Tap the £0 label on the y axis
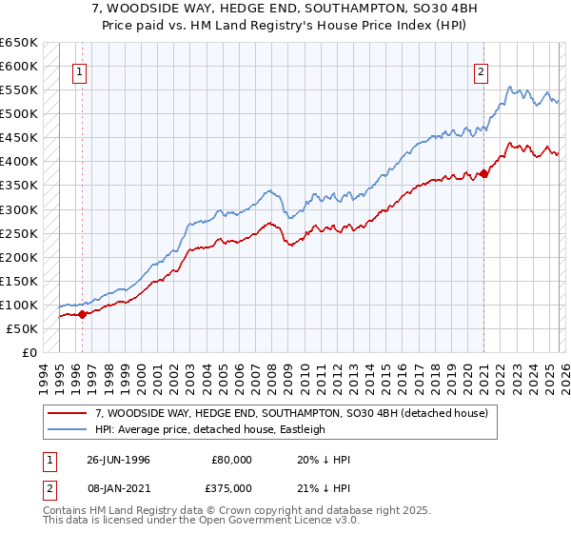point(29,352)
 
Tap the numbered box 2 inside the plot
point(482,70)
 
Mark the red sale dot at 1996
point(83,314)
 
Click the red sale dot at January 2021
point(483,173)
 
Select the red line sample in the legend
point(69,413)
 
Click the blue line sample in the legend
point(69,429)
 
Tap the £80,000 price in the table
point(232,459)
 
